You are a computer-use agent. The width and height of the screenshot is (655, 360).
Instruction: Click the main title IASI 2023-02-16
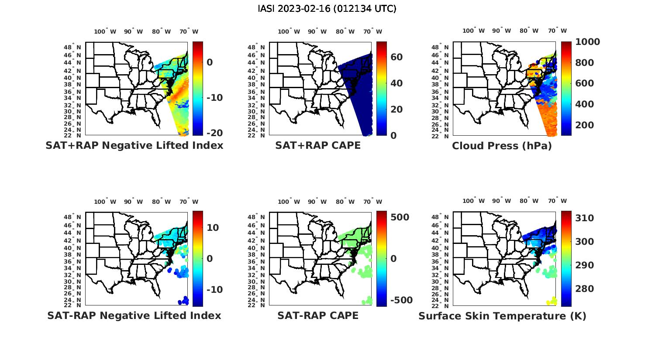pos(327,8)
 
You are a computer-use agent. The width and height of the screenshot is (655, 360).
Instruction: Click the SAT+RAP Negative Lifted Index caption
pos(134,146)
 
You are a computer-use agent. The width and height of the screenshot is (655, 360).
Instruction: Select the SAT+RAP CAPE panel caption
pos(318,146)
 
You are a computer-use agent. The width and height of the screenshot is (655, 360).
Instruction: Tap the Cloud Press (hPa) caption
pos(502,146)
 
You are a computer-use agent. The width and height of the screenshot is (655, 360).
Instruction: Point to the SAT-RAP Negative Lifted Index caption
pos(134,315)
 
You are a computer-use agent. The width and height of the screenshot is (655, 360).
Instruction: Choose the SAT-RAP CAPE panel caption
pos(318,315)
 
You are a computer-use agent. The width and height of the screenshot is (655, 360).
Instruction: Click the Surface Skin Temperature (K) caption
pos(502,316)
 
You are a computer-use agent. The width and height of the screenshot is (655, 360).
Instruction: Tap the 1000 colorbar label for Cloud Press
pos(587,42)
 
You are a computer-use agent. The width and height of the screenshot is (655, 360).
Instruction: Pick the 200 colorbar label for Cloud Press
pos(585,125)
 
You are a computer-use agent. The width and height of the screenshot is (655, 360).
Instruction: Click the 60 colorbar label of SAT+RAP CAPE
pos(396,57)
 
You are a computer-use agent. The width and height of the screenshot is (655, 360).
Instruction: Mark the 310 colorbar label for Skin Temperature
pos(585,218)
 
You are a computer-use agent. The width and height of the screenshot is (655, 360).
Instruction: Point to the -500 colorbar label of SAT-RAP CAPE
pos(400,300)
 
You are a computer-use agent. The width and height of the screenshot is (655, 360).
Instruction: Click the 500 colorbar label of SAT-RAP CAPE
pos(400,217)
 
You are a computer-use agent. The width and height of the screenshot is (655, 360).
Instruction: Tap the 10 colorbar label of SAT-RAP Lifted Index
pos(213,228)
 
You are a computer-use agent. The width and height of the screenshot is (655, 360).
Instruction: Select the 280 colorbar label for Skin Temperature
pos(585,289)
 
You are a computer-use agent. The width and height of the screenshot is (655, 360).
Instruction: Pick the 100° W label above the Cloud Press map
pos(473,31)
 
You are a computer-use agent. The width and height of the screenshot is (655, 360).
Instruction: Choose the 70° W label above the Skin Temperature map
pos(557,201)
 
